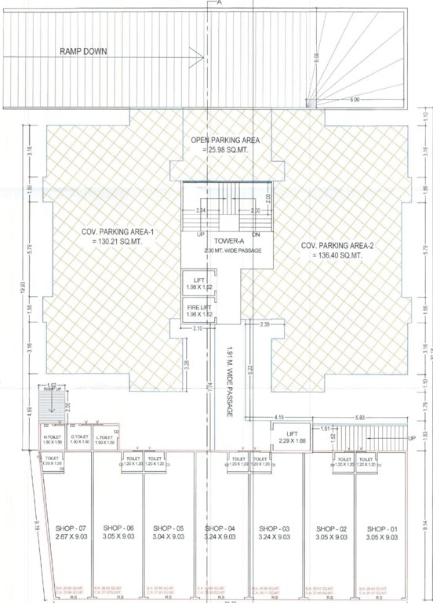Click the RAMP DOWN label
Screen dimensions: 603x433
pos(83,52)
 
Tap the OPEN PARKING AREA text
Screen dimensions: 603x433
pos(226,141)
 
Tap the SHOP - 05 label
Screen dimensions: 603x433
pos(168,528)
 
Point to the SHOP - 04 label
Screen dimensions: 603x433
pos(221,528)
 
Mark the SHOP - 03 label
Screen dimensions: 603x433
pos(275,528)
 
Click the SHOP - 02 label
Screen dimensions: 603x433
pos(329,528)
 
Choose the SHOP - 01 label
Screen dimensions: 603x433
pos(381,528)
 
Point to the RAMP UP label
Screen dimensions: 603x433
pos(53,389)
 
